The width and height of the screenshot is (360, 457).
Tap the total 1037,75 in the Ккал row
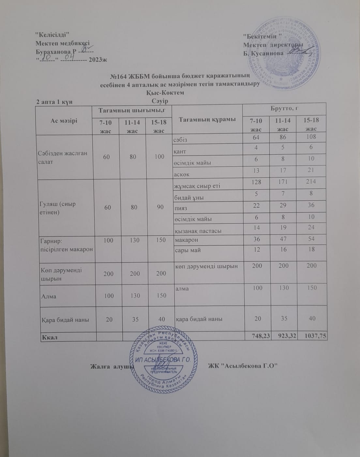pos(314,336)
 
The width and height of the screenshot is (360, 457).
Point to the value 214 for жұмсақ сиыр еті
pos(311,182)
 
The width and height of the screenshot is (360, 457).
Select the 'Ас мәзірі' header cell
pos(64,121)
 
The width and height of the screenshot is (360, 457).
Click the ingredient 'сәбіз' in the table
pos(182,140)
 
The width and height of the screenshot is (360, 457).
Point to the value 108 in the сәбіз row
pos(311,136)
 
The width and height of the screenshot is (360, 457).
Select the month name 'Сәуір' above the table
pos(160,101)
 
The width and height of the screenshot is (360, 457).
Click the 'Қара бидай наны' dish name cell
pos(65,320)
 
